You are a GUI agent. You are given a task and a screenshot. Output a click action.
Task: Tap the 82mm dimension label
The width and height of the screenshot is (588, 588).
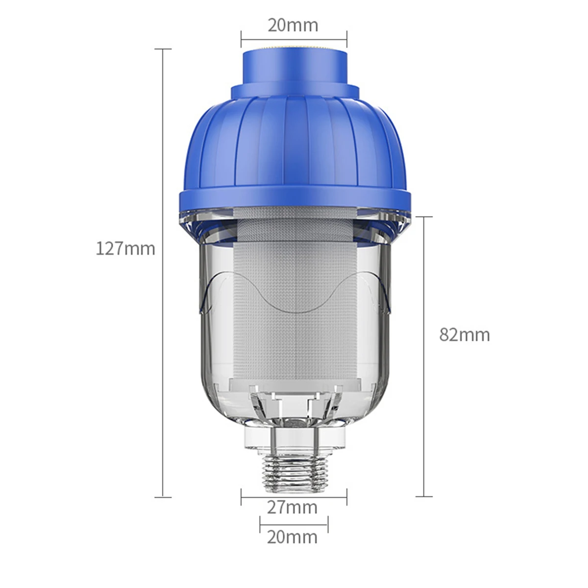pos(465,335)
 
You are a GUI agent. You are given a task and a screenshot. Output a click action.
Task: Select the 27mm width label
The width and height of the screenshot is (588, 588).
pos(293,507)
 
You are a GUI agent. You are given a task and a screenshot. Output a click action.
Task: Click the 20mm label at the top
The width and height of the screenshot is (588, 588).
pos(293,25)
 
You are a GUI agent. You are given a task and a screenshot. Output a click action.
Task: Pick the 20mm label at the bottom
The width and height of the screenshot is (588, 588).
pos(293,537)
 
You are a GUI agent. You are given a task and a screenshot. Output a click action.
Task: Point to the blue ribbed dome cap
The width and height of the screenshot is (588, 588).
pos(294,142)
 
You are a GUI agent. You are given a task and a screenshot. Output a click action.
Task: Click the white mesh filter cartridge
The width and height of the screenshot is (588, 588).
pos(294,304)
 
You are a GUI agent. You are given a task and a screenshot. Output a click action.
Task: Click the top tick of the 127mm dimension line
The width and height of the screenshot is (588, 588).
pos(163,49)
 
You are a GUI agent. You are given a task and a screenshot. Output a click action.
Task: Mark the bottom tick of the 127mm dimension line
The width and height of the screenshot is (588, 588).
pos(163,497)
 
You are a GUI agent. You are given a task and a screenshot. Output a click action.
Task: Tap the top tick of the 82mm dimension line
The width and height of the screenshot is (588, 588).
pos(424,216)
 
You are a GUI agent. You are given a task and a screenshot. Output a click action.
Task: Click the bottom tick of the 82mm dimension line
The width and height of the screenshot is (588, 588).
pos(424,496)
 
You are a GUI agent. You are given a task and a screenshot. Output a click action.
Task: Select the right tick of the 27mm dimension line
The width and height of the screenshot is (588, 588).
pos(347,496)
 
